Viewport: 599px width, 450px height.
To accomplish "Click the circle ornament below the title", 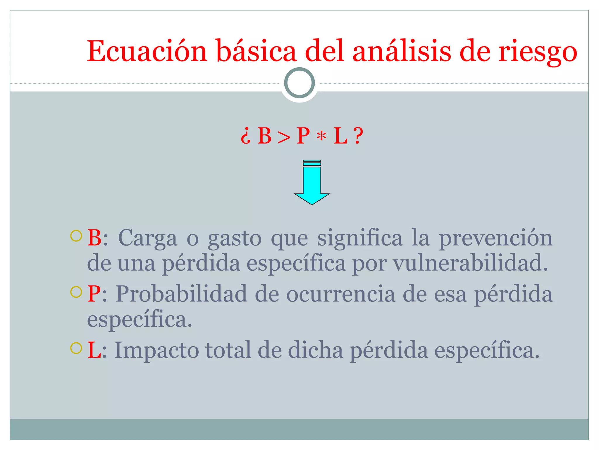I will [x=299, y=83].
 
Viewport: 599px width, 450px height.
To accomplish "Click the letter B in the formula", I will [x=264, y=136].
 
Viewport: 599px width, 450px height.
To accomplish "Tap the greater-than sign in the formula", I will [x=284, y=137].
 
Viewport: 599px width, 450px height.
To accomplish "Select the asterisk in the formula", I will [x=321, y=136].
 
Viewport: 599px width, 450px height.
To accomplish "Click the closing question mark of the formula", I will [x=358, y=136].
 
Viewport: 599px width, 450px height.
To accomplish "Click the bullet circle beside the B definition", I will [x=76, y=236].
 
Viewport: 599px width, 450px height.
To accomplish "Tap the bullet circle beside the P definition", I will [x=76, y=292].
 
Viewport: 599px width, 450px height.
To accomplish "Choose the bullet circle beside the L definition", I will [x=76, y=348].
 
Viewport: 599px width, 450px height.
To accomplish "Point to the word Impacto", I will [x=156, y=350].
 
